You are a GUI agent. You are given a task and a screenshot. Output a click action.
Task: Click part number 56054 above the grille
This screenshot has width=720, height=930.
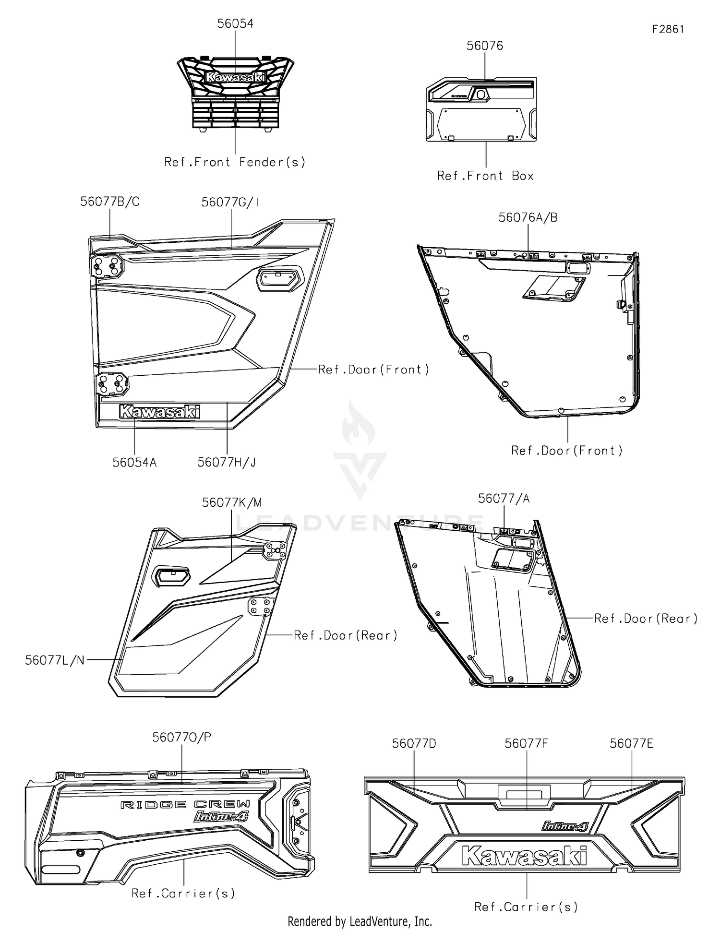(235, 24)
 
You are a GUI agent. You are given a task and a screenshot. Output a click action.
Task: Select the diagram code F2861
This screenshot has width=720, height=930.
(668, 29)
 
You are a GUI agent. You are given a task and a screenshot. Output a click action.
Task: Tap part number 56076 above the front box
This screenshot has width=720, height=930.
(485, 46)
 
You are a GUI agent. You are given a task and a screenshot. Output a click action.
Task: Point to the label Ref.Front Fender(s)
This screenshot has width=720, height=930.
(235, 162)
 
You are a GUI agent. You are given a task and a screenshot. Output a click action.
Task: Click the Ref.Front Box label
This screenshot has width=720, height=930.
(485, 176)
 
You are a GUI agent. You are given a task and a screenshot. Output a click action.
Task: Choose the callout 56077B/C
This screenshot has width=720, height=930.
(110, 202)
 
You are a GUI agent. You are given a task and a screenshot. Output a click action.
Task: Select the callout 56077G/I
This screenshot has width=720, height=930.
(230, 202)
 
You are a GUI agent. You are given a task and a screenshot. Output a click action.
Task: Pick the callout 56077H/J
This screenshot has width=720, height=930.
(227, 462)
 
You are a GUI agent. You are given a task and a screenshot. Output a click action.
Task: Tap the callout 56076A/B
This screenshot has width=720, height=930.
(528, 217)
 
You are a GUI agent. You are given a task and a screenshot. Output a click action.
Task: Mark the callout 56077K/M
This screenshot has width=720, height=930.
(232, 502)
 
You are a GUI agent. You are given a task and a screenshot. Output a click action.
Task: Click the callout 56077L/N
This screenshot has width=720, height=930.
(55, 660)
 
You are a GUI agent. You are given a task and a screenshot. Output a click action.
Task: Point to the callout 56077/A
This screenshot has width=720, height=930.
(504, 499)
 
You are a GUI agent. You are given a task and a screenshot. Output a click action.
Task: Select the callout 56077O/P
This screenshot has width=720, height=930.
(182, 737)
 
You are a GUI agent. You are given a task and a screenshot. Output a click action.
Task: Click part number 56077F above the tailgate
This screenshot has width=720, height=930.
(526, 743)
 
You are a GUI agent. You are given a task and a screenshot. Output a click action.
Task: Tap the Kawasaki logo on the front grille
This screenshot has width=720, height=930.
(235, 77)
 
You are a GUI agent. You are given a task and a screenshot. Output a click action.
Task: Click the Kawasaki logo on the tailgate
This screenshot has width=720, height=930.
(524, 855)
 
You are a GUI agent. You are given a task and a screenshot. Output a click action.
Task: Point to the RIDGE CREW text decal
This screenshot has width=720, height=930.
(185, 804)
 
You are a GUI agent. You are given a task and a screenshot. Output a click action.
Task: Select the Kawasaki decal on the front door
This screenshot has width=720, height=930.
(159, 412)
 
